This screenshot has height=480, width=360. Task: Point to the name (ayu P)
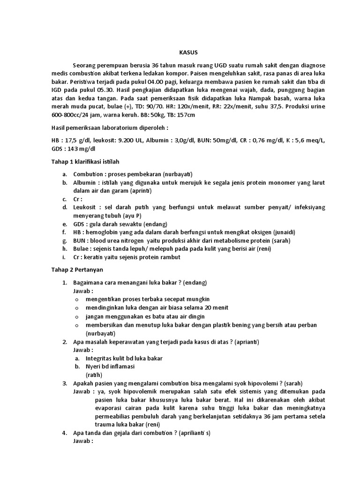pyautogui.click(x=131, y=216)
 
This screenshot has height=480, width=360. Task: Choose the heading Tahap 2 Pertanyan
pyautogui.click(x=79, y=270)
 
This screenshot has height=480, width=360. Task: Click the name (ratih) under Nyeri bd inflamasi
pyautogui.click(x=94, y=375)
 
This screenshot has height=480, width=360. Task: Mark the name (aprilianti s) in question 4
pyautogui.click(x=193, y=433)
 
